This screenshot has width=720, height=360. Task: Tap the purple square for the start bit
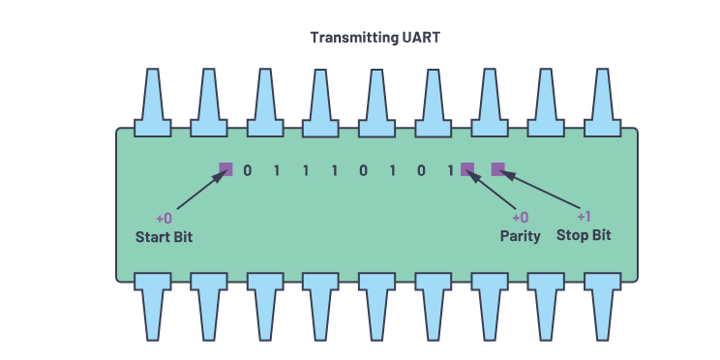pos(225,169)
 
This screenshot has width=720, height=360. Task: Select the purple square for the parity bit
pos(467,169)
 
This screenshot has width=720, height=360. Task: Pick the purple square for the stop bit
pos(498,169)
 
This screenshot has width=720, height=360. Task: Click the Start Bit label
pos(164,236)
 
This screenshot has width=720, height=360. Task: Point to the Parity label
pos(520,236)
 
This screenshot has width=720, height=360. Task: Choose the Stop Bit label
pos(584,235)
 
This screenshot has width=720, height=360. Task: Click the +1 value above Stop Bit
pos(584,217)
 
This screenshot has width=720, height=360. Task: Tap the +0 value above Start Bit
pos(164,218)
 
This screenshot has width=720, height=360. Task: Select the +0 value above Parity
pos(520,218)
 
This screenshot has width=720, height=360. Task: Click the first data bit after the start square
pos(247,170)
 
